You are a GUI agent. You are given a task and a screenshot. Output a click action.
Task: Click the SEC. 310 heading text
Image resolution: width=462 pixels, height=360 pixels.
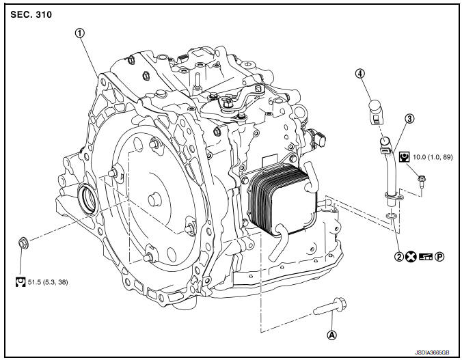pyautogui.click(x=31, y=14)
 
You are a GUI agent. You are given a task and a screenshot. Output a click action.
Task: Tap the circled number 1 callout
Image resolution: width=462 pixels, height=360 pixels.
pyautogui.click(x=79, y=33)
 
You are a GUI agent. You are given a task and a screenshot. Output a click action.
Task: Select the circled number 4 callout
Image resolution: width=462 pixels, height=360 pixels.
pyautogui.click(x=359, y=74)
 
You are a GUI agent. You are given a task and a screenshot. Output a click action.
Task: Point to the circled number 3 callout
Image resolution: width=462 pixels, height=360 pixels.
pyautogui.click(x=409, y=118)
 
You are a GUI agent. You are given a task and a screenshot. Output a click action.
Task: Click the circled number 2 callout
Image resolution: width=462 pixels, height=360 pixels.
pyautogui.click(x=399, y=257)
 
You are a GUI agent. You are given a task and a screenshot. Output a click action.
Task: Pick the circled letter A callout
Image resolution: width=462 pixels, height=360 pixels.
pyautogui.click(x=331, y=335)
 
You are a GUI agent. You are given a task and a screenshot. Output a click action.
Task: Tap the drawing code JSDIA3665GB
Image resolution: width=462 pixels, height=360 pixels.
pyautogui.click(x=432, y=352)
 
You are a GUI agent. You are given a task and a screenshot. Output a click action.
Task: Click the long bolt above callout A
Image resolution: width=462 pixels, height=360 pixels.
pyautogui.click(x=330, y=307)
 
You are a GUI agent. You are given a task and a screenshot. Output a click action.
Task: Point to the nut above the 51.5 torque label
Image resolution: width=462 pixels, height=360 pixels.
pyautogui.click(x=23, y=243)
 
